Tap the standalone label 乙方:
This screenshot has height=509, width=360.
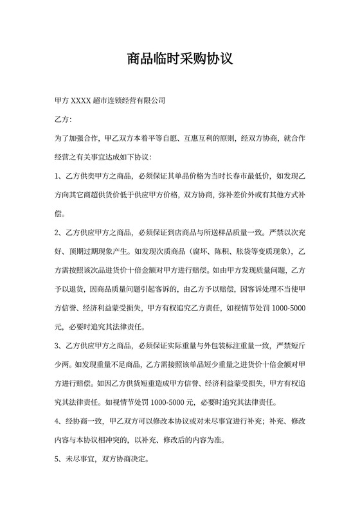click(64, 120)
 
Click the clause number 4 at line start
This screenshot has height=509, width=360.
click(58, 422)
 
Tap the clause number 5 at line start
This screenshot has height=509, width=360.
click(58, 460)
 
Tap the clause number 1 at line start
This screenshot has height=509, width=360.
click(58, 175)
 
